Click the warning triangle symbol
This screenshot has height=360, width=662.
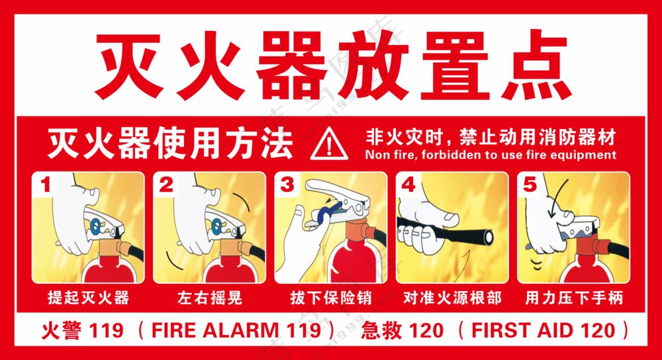click(328, 144)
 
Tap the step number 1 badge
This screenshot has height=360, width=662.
click(46, 185)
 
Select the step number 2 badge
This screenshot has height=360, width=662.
click(166, 185)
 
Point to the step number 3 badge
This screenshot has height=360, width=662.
click(287, 185)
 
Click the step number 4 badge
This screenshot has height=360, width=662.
click(408, 185)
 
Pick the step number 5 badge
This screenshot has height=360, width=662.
click(529, 185)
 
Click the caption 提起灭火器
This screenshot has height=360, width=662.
click(89, 298)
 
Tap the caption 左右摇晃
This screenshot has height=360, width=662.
click(209, 298)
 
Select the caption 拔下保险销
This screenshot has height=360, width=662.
click(330, 298)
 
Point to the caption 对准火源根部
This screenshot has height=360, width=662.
click(452, 298)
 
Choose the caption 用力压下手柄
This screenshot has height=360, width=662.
click(573, 298)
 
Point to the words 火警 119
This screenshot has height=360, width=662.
click(79, 330)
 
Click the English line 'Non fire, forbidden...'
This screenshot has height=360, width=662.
click(491, 155)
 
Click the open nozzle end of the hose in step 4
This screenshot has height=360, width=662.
click(489, 236)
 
